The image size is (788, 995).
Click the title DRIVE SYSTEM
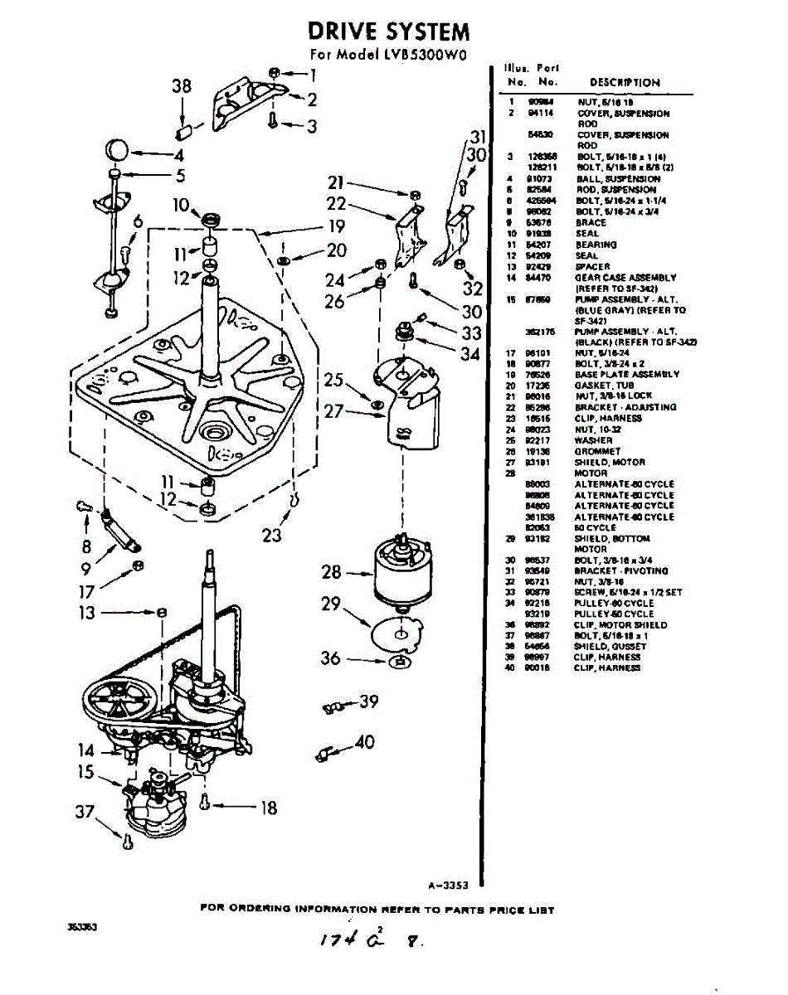click(388, 32)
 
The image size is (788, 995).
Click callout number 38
click(182, 86)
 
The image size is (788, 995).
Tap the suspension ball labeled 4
click(118, 152)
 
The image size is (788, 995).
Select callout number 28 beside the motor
click(331, 572)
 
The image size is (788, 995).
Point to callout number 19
click(335, 226)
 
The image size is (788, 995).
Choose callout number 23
click(272, 535)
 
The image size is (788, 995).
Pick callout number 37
click(85, 813)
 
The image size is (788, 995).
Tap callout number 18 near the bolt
click(269, 807)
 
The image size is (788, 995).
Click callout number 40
click(365, 742)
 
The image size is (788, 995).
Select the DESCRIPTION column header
click(625, 82)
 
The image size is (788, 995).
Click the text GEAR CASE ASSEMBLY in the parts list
click(626, 278)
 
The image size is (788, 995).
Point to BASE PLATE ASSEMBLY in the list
click(626, 375)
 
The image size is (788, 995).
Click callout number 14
click(87, 750)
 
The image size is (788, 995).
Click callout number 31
click(476, 137)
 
